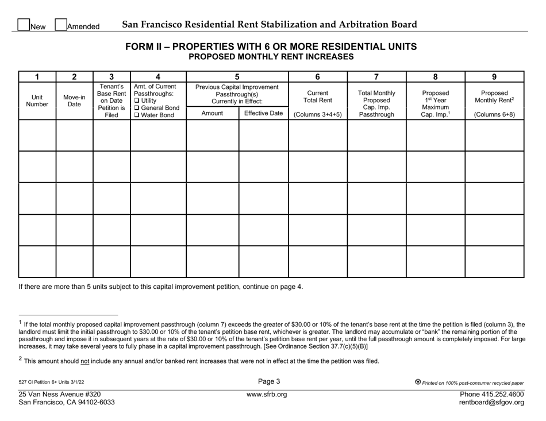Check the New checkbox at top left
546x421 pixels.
pyautogui.click(x=24, y=25)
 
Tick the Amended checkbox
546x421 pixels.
pyautogui.click(x=60, y=25)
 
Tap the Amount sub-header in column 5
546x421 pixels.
pyautogui.click(x=212, y=114)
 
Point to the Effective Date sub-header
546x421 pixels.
pyautogui.click(x=263, y=114)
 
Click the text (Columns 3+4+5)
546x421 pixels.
pyautogui.click(x=318, y=114)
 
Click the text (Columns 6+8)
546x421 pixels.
pyautogui.click(x=494, y=114)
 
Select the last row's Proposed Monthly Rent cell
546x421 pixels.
pyautogui.click(x=494, y=261)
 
